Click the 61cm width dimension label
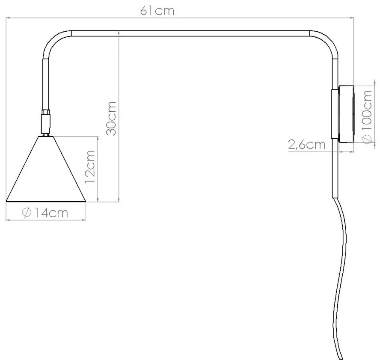tap(157, 11)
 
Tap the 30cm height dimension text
tap(111, 118)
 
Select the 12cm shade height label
tap(89, 167)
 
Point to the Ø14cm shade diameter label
tap(45, 213)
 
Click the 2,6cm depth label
tap(307, 145)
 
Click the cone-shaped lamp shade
tap(46, 169)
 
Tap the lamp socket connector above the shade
tap(46, 122)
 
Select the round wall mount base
tap(346, 114)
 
